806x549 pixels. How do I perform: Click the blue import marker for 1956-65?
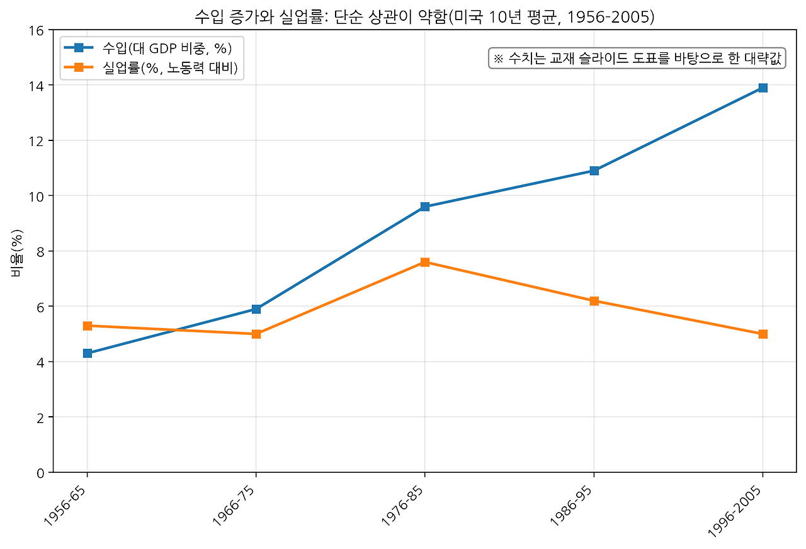point(88,353)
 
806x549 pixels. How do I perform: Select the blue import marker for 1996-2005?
point(763,88)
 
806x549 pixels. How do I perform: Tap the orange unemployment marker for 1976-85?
point(425,262)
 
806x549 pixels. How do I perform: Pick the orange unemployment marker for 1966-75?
point(256,334)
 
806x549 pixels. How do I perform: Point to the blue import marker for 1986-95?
point(594,171)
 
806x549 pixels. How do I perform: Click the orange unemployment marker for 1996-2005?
point(763,334)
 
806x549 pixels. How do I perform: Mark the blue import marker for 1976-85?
point(425,207)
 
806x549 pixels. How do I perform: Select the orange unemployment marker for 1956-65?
point(88,325)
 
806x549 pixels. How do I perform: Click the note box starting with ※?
point(637,59)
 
